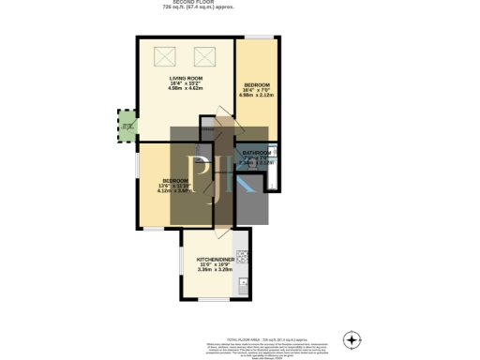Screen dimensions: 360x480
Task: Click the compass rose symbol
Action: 352,338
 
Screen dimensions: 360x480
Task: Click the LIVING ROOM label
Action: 186,78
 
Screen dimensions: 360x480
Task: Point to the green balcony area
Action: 127,126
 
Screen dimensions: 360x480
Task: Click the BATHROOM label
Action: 256,152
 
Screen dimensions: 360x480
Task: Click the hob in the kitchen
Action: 242,254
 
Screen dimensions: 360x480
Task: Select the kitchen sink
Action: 242,283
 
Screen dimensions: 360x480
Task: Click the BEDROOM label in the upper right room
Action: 257,84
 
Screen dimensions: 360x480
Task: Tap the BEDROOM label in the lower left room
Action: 175,180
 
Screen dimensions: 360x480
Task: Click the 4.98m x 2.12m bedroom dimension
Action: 257,95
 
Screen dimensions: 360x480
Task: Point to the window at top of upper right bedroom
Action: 260,37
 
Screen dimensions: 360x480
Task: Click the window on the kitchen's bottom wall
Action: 214,300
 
